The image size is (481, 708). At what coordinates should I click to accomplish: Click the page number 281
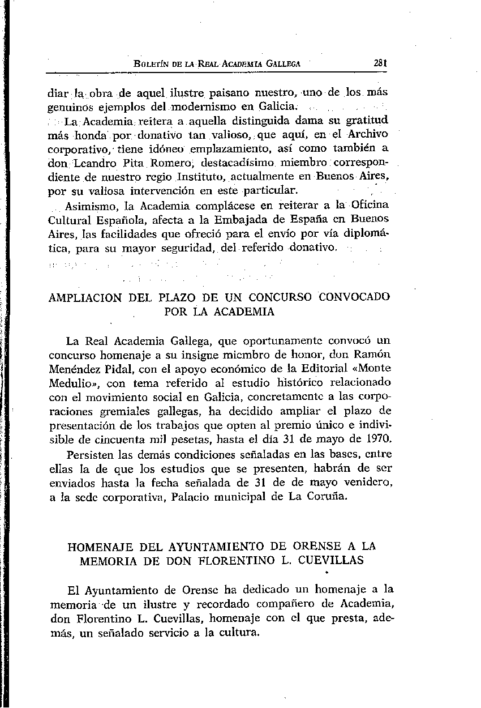pyautogui.click(x=379, y=64)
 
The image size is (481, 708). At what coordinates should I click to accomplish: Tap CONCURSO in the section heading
pyautogui.click(x=283, y=297)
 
